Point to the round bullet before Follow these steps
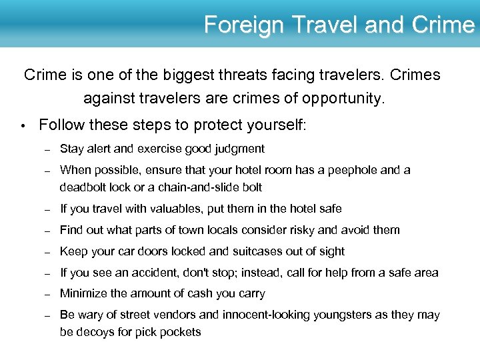pyautogui.click(x=23, y=125)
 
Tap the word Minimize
pyautogui.click(x=86, y=293)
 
